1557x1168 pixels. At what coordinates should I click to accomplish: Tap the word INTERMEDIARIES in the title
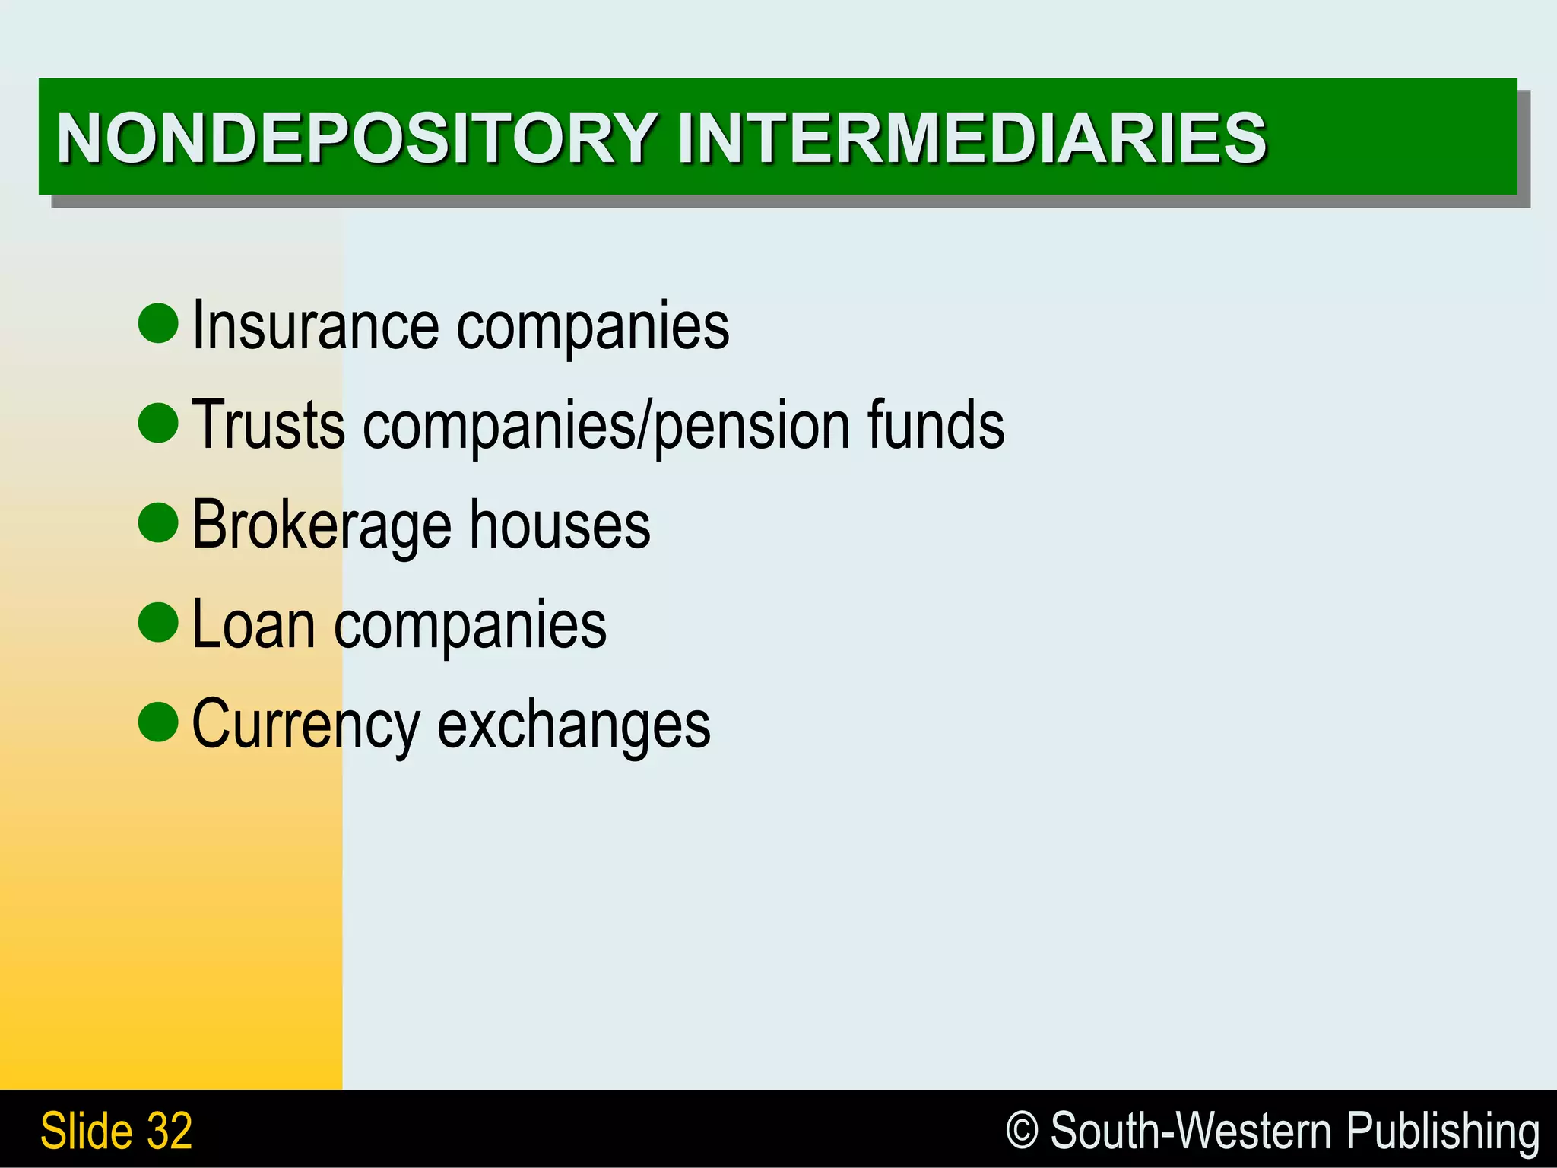click(972, 138)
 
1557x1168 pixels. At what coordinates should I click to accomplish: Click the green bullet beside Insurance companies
click(159, 323)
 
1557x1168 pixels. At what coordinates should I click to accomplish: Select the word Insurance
click(315, 325)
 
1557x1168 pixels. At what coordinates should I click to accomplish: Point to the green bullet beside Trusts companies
click(159, 423)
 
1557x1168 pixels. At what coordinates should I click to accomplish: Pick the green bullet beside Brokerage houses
click(159, 522)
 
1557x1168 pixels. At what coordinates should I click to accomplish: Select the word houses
click(560, 525)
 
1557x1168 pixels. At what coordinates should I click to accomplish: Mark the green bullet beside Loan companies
click(159, 622)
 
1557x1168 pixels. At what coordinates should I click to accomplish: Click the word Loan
click(253, 625)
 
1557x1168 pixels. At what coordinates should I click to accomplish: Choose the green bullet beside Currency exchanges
click(159, 722)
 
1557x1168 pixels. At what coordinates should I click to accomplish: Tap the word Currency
click(305, 725)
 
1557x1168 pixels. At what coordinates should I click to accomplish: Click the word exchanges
click(574, 725)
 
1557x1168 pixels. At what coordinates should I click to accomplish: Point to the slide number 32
click(170, 1131)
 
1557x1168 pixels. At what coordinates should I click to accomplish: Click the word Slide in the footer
click(86, 1131)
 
